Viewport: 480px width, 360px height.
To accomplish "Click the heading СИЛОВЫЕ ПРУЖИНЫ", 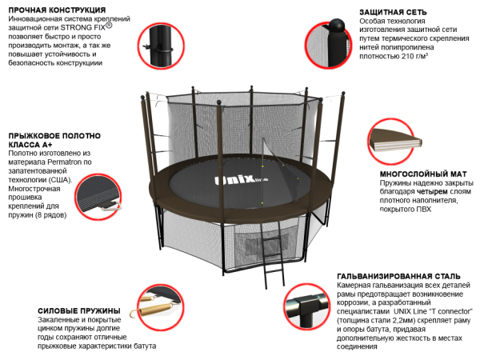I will (79, 310).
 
